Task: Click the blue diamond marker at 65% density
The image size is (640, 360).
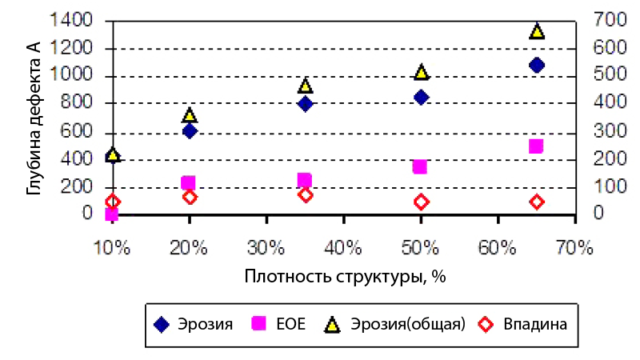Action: (x=536, y=65)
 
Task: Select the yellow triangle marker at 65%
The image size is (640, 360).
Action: (x=536, y=31)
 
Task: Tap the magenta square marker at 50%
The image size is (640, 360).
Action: (x=420, y=166)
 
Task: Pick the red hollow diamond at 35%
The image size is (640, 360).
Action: (x=305, y=194)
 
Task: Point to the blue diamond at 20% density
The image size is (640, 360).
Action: (x=190, y=130)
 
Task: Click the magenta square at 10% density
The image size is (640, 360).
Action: (x=112, y=214)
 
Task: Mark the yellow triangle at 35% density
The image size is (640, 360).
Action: (x=305, y=86)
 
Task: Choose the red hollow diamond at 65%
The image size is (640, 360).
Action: (x=536, y=202)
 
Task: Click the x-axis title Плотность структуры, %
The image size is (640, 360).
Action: (x=344, y=277)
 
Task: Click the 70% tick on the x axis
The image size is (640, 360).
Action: (x=574, y=248)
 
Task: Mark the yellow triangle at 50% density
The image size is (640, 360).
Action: (x=420, y=73)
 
